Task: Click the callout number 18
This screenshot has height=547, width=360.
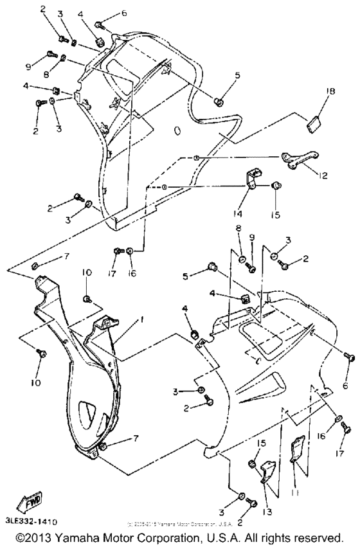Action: click(x=330, y=93)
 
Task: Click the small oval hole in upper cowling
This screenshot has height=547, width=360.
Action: click(x=178, y=130)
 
